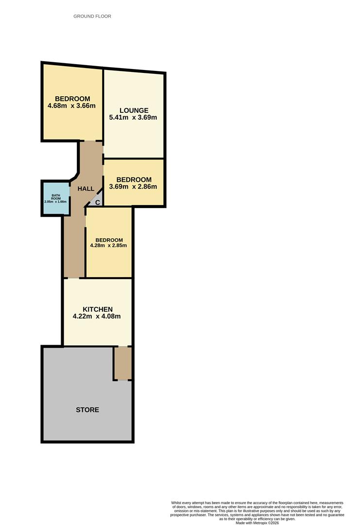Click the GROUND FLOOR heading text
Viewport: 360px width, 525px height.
point(92,16)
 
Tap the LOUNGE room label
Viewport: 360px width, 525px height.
point(134,110)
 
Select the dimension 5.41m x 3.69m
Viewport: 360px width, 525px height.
point(134,118)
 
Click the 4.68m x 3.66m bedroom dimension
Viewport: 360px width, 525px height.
point(71,105)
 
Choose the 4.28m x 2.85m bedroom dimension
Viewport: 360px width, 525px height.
point(108,245)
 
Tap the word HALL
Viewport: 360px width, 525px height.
point(86,189)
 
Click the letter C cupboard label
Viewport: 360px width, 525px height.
point(97,202)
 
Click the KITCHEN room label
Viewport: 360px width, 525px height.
point(98,309)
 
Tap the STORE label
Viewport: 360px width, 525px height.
point(87,410)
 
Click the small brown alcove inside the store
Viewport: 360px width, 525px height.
point(123,363)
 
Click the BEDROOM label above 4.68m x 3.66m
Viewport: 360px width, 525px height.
point(72,99)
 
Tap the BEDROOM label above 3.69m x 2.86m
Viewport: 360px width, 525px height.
point(134,179)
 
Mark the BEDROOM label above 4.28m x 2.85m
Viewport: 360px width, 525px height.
point(109,240)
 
